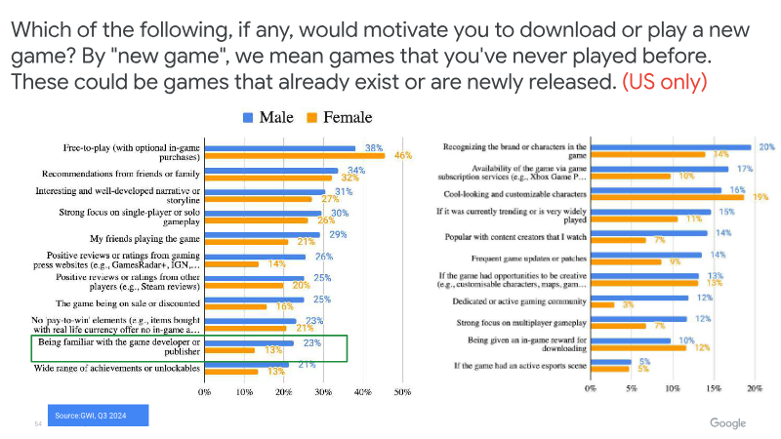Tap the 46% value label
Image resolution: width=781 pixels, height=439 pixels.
[x=400, y=156]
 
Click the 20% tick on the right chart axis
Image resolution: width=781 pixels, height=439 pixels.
[x=754, y=387]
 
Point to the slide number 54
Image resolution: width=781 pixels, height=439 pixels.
[x=38, y=423]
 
